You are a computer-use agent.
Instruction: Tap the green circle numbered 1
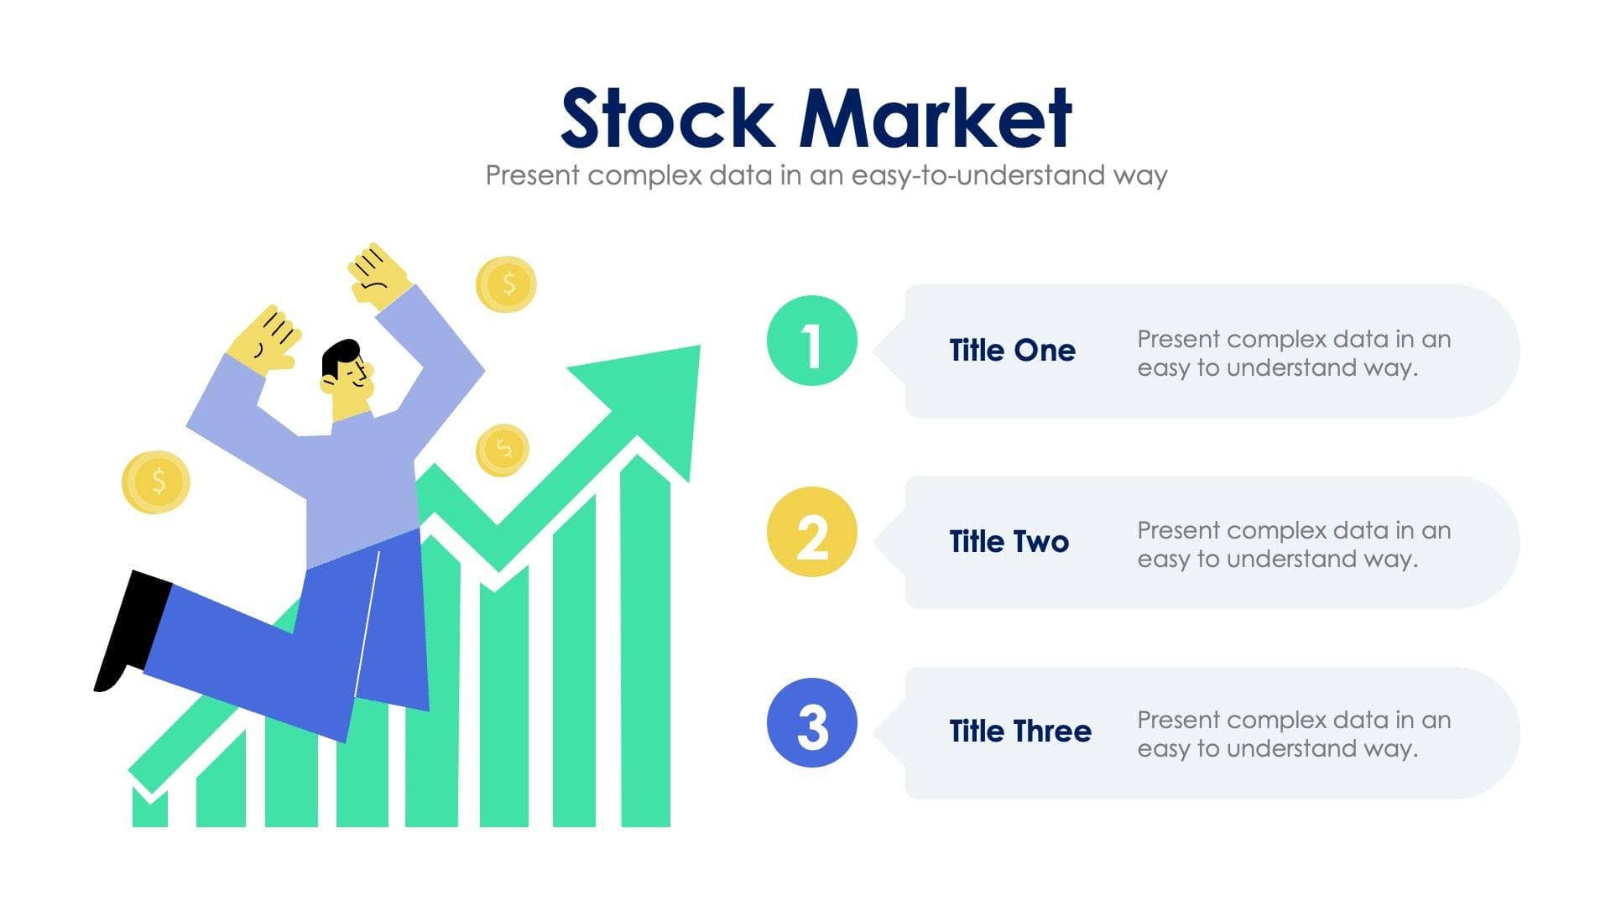(811, 341)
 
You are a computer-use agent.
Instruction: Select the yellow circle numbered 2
(811, 533)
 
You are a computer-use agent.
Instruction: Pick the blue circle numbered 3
(811, 723)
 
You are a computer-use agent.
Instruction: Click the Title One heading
(1012, 351)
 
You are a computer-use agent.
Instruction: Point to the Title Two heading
(1009, 542)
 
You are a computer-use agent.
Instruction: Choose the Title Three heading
(1019, 732)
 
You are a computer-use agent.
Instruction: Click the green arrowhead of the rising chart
(663, 394)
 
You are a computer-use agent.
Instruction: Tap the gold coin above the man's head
(506, 284)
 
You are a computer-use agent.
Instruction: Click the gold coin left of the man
(156, 482)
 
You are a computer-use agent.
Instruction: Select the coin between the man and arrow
(502, 450)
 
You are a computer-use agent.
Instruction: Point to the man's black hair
(340, 356)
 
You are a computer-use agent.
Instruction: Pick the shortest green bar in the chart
(149, 810)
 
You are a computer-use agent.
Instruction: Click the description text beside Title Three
(1292, 734)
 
